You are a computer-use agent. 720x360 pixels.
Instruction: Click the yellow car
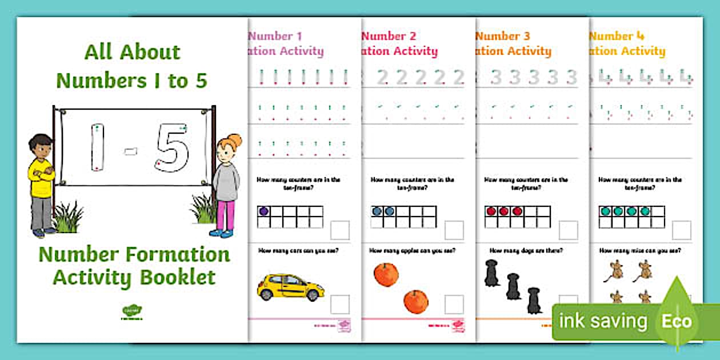pos(290,286)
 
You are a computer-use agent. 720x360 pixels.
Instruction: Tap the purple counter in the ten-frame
pos(263,211)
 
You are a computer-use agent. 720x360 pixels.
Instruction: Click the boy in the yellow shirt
pos(41,183)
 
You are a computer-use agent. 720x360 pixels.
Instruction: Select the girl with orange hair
pos(226,183)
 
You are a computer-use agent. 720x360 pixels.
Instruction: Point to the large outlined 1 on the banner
pos(98,147)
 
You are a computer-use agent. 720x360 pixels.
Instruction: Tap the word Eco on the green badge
pos(677,321)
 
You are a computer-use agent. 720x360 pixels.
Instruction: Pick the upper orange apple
pos(386,274)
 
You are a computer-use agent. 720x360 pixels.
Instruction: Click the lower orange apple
pos(416,301)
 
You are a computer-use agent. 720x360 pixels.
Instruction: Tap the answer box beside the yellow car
pos(340,304)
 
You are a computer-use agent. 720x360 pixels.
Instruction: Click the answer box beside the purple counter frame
pos(340,230)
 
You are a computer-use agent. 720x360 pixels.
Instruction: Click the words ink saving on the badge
pos(603,321)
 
